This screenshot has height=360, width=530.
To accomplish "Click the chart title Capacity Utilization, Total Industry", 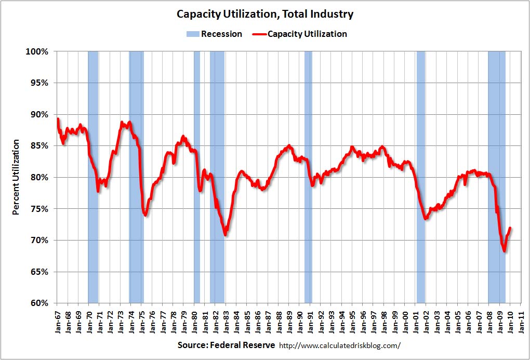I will click(x=265, y=14).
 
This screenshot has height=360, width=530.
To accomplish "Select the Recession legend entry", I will click(x=214, y=34).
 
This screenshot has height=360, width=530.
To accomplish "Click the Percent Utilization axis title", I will click(x=16, y=177).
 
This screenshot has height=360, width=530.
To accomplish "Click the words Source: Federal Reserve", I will click(x=226, y=345).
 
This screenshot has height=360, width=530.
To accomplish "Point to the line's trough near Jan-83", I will click(x=226, y=235).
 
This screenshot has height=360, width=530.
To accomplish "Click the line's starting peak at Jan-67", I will click(x=58, y=119).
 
